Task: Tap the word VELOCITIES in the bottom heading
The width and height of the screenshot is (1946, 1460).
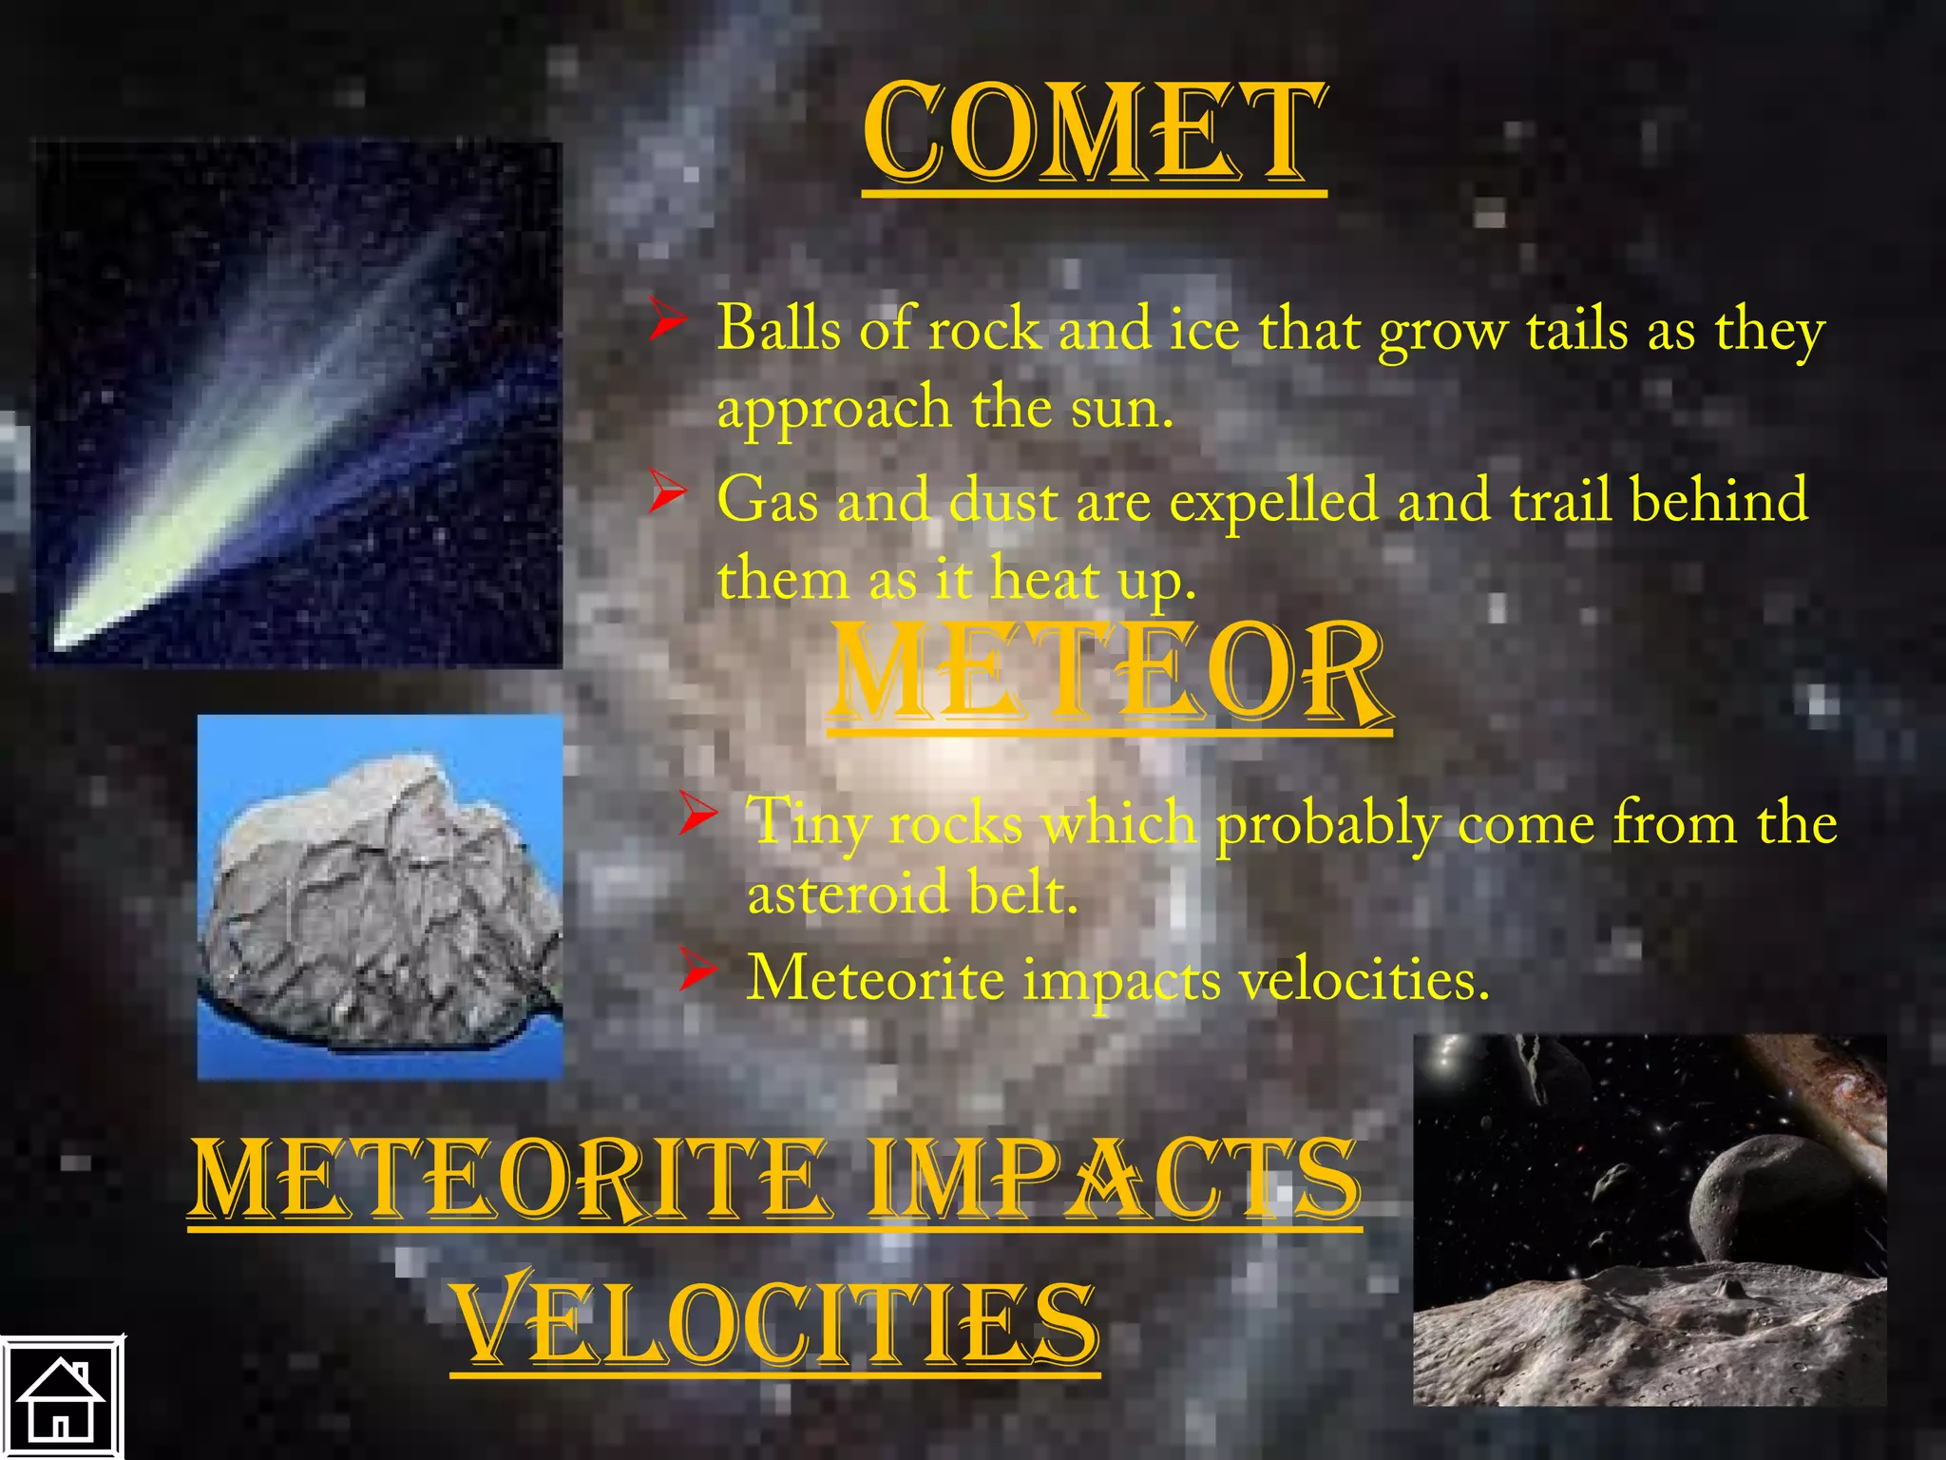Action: tap(775, 1322)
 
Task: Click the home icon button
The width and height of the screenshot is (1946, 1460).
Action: tap(62, 1398)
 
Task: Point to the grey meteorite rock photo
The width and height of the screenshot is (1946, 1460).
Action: tap(380, 898)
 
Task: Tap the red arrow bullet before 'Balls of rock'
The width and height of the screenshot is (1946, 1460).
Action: tap(669, 320)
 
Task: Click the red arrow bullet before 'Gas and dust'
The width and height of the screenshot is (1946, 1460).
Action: tap(669, 493)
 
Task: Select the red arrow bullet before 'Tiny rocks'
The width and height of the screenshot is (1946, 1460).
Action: tap(698, 815)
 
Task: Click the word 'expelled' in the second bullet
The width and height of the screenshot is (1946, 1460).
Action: tap(1273, 502)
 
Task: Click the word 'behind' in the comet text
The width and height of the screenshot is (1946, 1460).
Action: tap(1719, 500)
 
